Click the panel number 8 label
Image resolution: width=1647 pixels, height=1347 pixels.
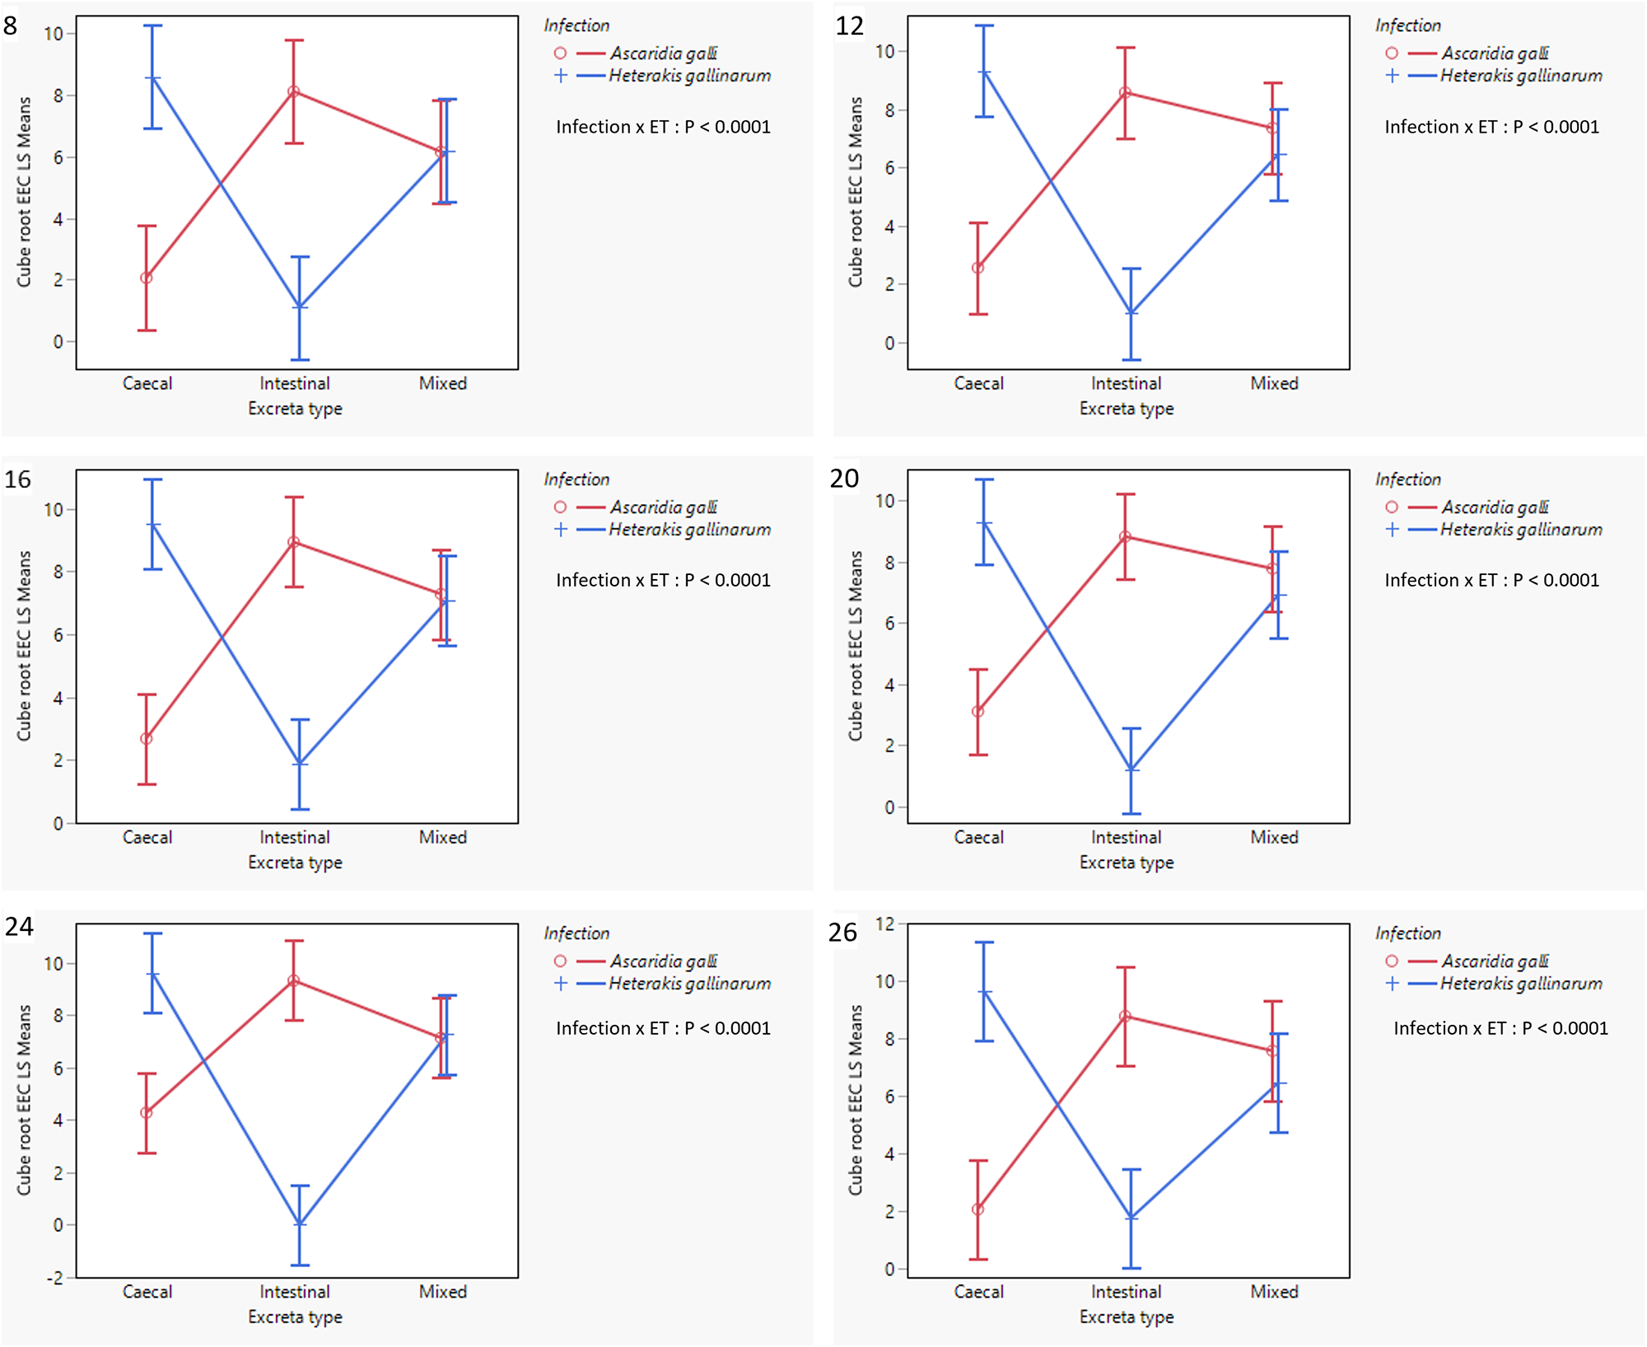pyautogui.click(x=11, y=26)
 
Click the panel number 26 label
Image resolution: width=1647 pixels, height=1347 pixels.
pyautogui.click(x=842, y=933)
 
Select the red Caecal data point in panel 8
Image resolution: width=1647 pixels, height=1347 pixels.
pyautogui.click(x=147, y=278)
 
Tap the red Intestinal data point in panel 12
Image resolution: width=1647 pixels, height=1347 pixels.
pyautogui.click(x=1126, y=93)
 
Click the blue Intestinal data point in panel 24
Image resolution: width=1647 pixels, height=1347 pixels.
pyautogui.click(x=300, y=1224)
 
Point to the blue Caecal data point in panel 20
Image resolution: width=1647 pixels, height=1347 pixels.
pyautogui.click(x=984, y=523)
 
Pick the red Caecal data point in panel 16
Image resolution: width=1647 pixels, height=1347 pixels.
pyautogui.click(x=147, y=739)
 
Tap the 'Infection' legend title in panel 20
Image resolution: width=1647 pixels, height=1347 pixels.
pyautogui.click(x=1408, y=479)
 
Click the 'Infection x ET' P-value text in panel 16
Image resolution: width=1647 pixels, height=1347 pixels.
pyautogui.click(x=663, y=580)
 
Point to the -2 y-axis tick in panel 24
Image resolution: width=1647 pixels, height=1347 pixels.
pyautogui.click(x=54, y=1278)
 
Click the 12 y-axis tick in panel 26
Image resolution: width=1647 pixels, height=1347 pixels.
pyautogui.click(x=885, y=924)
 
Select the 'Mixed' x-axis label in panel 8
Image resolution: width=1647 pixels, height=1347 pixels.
pyautogui.click(x=443, y=383)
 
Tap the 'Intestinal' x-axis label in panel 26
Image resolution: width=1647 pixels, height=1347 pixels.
pyautogui.click(x=1126, y=1292)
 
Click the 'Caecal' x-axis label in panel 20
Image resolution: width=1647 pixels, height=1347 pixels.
pyautogui.click(x=978, y=837)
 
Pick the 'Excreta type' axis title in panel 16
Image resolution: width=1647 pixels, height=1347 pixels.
pyautogui.click(x=295, y=863)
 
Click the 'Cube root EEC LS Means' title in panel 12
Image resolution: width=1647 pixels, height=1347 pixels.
pyautogui.click(x=856, y=192)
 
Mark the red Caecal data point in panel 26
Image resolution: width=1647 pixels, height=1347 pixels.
pyautogui.click(x=978, y=1209)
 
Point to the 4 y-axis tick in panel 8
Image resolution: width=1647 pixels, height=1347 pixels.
pyautogui.click(x=58, y=219)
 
